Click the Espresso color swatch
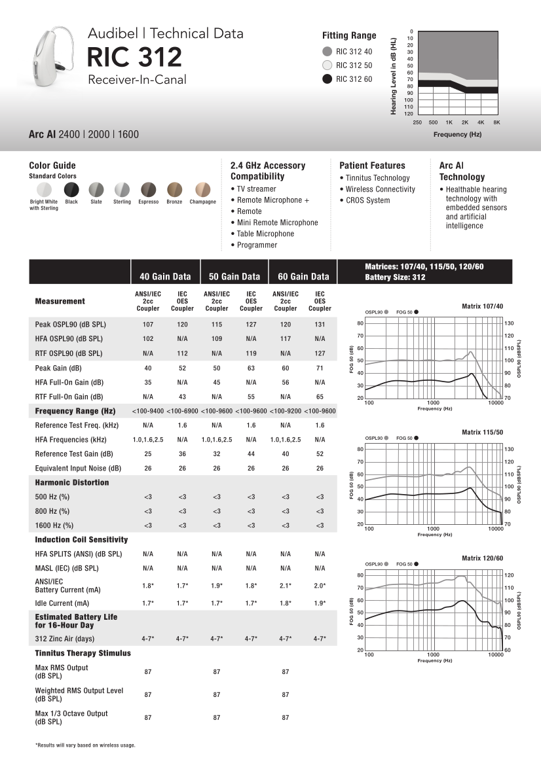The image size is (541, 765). tap(149, 189)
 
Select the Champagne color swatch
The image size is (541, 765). tap(202, 189)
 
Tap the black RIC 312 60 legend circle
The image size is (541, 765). tap(327, 79)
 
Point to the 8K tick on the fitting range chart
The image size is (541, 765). tap(497, 122)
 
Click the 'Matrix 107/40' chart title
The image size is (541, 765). tap(483, 306)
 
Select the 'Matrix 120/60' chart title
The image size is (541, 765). tap(483, 558)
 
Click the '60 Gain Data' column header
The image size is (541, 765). tap(303, 276)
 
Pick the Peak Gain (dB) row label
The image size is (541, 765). tap(58, 368)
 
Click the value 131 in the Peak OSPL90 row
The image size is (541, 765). tap(320, 325)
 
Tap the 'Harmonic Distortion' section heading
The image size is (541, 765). tap(72, 482)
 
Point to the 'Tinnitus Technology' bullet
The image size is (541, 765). tap(377, 178)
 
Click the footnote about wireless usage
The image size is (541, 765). tap(85, 745)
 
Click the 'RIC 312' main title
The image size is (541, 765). tap(135, 58)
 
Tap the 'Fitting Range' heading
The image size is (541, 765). tap(349, 35)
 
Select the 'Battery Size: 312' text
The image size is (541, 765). tap(395, 277)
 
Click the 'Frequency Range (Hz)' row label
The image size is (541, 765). tap(75, 411)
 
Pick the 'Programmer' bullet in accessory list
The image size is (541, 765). tap(257, 245)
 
